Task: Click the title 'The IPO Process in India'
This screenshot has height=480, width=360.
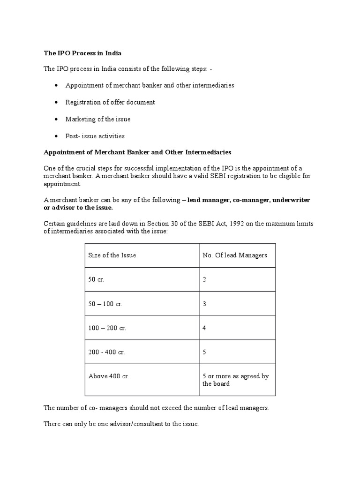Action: tap(82, 54)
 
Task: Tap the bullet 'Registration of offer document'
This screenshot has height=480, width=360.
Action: tap(110, 102)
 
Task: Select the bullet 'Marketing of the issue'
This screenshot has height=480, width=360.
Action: tap(98, 119)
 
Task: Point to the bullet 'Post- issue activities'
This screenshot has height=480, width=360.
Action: tap(95, 136)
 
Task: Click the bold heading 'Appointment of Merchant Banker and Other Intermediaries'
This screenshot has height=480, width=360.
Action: tap(137, 153)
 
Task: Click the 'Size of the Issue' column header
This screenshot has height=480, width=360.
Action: tap(112, 255)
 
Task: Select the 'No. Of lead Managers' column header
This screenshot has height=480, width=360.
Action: tap(234, 255)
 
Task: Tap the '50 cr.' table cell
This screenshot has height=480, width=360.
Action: tap(96, 280)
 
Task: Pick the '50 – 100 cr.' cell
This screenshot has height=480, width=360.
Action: tap(105, 304)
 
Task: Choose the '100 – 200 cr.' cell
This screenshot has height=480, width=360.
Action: tap(107, 328)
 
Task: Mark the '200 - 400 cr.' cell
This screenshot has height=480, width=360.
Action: tap(106, 352)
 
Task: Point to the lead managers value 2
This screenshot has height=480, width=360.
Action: tap(204, 280)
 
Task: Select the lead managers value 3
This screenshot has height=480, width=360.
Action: tap(204, 304)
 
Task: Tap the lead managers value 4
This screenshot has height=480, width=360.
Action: tap(204, 328)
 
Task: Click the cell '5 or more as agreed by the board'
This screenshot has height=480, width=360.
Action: tap(235, 380)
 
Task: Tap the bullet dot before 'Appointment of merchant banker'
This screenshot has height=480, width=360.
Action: tap(56, 86)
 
